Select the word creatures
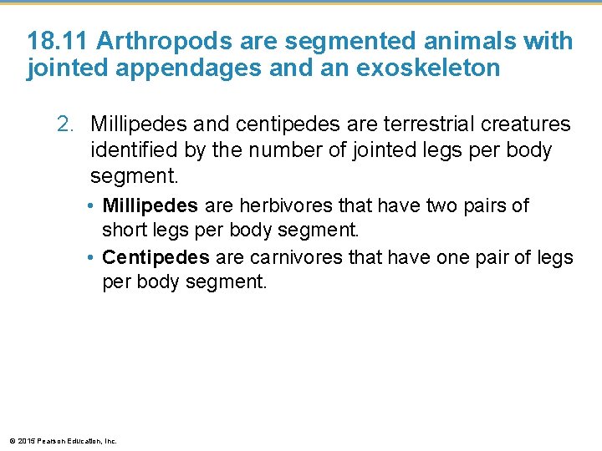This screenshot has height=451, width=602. [523, 125]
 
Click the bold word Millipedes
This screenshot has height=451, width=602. [150, 205]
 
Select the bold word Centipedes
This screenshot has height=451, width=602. [156, 256]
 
